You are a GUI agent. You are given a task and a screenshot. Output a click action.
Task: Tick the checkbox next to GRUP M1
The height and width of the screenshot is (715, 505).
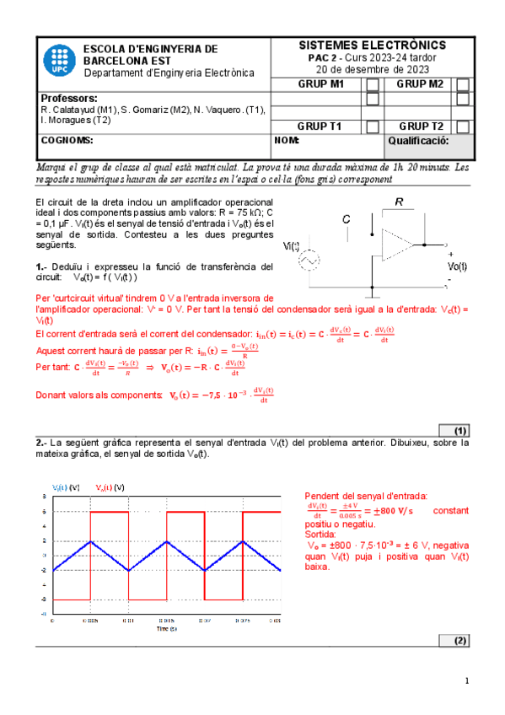(x=372, y=84)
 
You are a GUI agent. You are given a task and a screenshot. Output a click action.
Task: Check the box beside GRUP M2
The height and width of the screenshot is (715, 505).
(x=462, y=84)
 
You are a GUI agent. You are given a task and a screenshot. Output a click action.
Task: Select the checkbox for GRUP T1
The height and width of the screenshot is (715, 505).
(x=372, y=126)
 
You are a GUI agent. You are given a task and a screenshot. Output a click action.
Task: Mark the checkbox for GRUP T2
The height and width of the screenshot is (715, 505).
(x=462, y=126)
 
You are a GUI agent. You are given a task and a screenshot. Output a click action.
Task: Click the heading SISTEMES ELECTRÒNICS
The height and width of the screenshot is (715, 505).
(x=373, y=45)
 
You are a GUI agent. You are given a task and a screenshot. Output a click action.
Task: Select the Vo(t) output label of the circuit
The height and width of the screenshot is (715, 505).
(x=456, y=266)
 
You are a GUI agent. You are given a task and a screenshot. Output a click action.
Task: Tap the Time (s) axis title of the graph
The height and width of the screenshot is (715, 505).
(x=166, y=628)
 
